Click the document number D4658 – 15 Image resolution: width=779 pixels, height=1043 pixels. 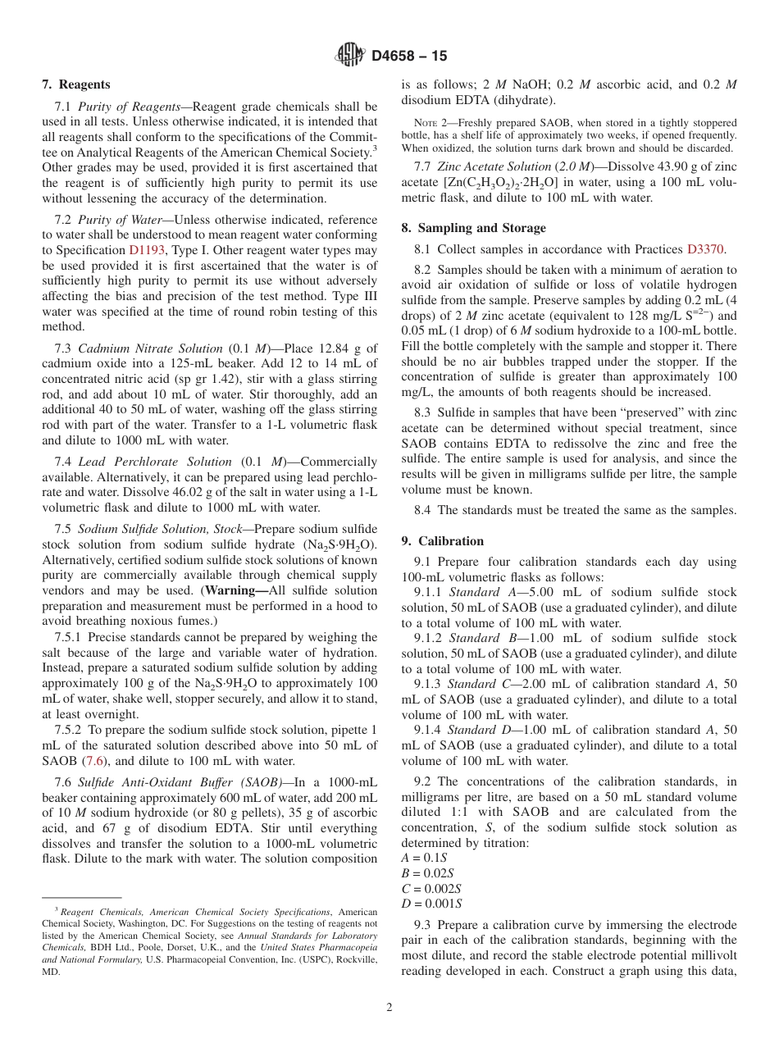pos(409,57)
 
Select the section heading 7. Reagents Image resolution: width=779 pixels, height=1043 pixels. pos(76,84)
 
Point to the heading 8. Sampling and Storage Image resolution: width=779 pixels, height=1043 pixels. pos(473,228)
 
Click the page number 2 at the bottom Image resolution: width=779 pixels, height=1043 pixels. pos(389,1008)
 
